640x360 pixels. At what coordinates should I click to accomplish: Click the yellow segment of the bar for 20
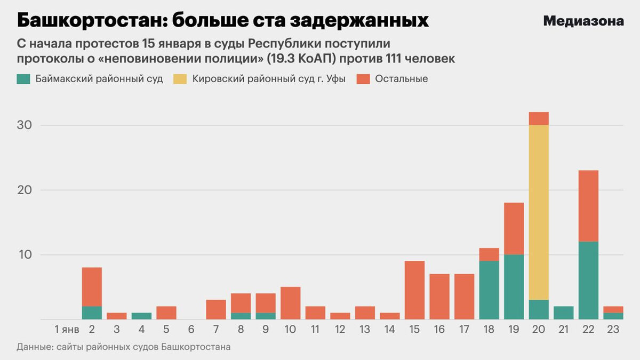click(x=539, y=212)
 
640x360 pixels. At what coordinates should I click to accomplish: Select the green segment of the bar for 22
click(x=588, y=281)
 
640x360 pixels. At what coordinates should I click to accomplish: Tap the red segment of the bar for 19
click(x=514, y=228)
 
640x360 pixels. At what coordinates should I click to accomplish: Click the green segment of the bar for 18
click(x=489, y=290)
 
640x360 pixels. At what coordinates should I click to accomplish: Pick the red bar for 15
click(x=414, y=290)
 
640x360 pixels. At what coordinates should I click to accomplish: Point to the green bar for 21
click(x=564, y=313)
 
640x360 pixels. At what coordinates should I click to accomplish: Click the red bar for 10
click(x=290, y=303)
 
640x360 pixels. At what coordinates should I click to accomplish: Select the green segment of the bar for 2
click(x=92, y=313)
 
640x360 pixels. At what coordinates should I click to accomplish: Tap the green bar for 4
click(x=141, y=316)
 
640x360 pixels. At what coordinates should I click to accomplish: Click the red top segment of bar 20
click(x=539, y=118)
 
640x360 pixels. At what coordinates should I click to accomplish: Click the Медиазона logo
click(x=583, y=21)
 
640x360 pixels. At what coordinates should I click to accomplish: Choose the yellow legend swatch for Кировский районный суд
click(x=180, y=79)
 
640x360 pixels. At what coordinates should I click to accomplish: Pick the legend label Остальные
click(x=401, y=79)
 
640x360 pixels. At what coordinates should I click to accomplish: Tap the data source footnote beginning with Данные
click(x=124, y=347)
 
